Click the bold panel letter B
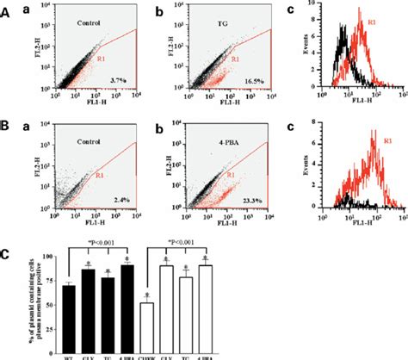[x=8, y=131]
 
